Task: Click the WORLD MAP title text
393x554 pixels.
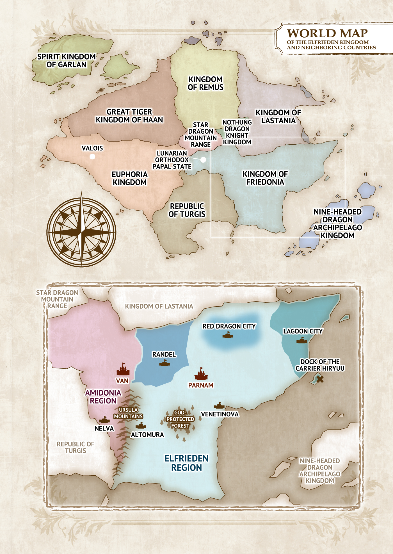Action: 327,33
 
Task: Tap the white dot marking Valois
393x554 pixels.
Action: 92,156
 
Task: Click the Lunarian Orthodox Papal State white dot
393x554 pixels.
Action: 203,159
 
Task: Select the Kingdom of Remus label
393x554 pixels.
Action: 205,83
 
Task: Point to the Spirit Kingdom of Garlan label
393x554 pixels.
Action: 67,61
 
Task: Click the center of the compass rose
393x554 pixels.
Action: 81,232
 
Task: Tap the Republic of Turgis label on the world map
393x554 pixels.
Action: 187,210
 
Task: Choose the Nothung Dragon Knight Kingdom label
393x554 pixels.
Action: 237,132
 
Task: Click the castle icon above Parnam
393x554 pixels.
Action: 201,374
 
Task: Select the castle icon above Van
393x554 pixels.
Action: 123,370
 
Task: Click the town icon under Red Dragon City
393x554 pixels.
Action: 228,335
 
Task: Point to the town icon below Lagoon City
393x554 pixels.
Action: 302,341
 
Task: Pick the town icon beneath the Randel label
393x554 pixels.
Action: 164,364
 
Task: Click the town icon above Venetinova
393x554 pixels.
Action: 219,405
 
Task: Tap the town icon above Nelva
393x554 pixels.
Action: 104,420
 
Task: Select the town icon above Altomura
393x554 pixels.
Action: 141,426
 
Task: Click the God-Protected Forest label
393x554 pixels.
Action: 180,419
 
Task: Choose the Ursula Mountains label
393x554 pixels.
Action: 128,413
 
